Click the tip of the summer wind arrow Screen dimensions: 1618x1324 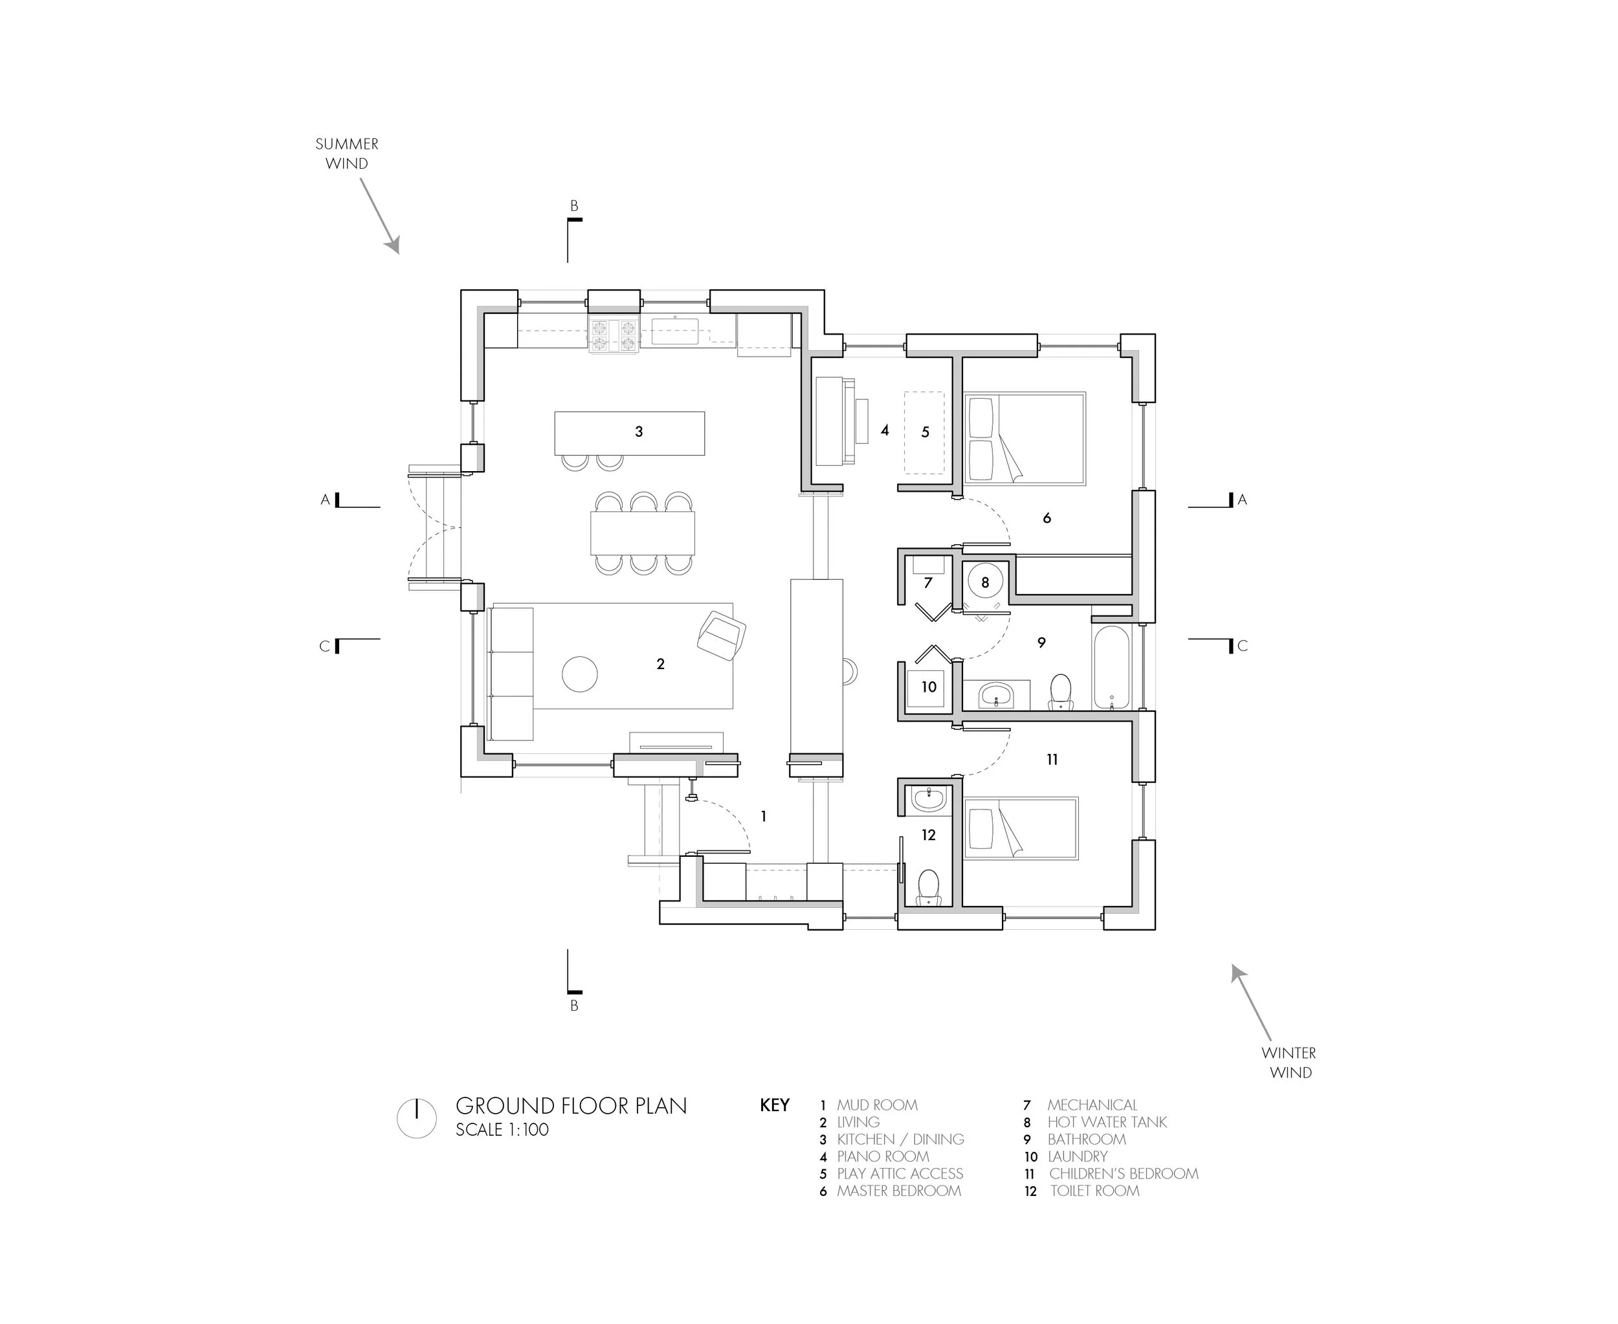click(397, 253)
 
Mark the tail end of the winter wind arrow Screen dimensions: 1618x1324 click(1270, 1041)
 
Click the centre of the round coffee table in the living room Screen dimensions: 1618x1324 click(580, 674)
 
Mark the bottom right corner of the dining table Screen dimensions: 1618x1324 click(695, 555)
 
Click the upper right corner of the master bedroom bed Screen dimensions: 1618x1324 click(1085, 393)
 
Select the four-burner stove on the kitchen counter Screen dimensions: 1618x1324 click(614, 337)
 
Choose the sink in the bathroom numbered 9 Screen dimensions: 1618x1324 click(996, 695)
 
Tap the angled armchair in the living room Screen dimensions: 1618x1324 click(722, 635)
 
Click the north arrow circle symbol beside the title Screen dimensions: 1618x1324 click(417, 1119)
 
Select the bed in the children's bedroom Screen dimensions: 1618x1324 click(1021, 828)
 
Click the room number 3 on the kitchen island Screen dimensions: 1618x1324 click(639, 432)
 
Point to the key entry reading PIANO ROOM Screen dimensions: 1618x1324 click(883, 1156)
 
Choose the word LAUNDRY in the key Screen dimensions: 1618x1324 click(1077, 1156)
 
